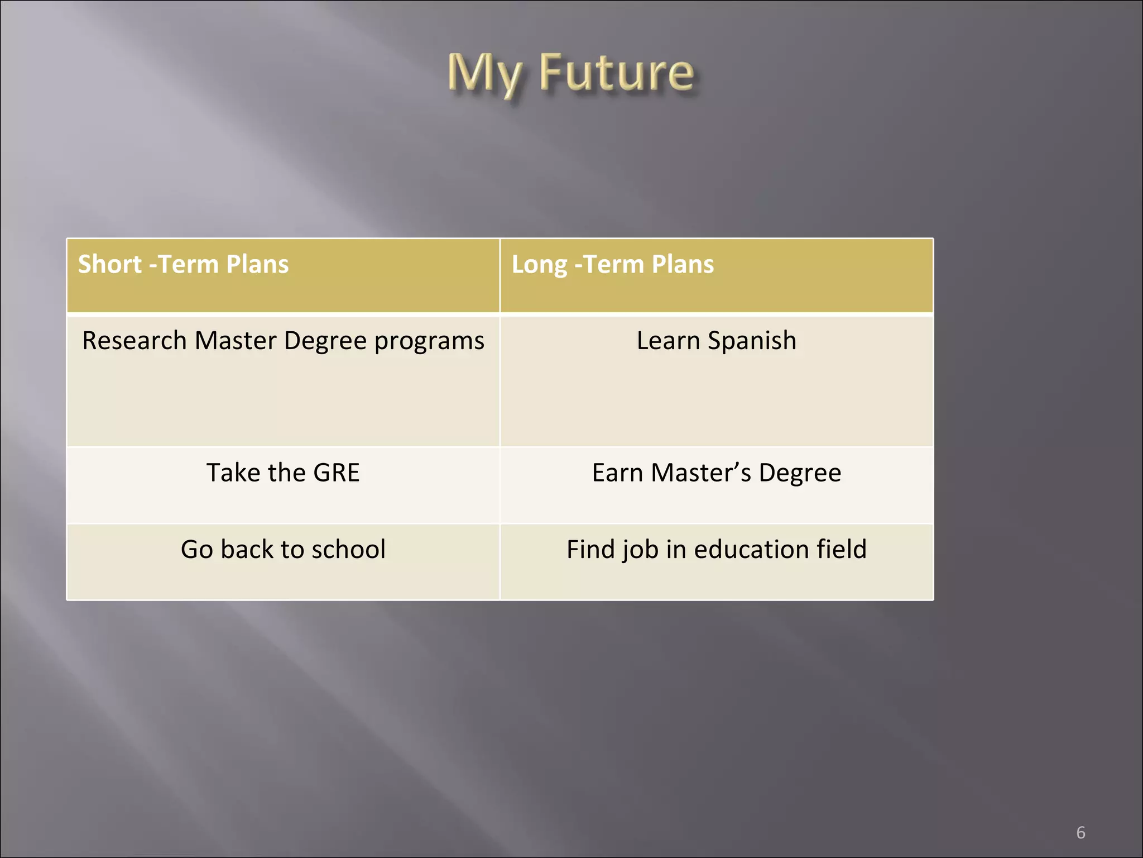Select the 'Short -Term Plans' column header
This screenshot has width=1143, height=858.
point(183,264)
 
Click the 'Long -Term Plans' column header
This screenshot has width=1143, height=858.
point(612,264)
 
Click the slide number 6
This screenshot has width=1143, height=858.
point(1080,833)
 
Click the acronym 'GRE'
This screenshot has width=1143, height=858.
point(336,473)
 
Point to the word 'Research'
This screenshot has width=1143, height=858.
point(134,341)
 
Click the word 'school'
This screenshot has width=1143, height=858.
point(348,549)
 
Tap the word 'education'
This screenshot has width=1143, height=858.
point(751,549)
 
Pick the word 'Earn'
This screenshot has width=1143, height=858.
point(617,473)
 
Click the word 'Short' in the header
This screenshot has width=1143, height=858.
point(109,264)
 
